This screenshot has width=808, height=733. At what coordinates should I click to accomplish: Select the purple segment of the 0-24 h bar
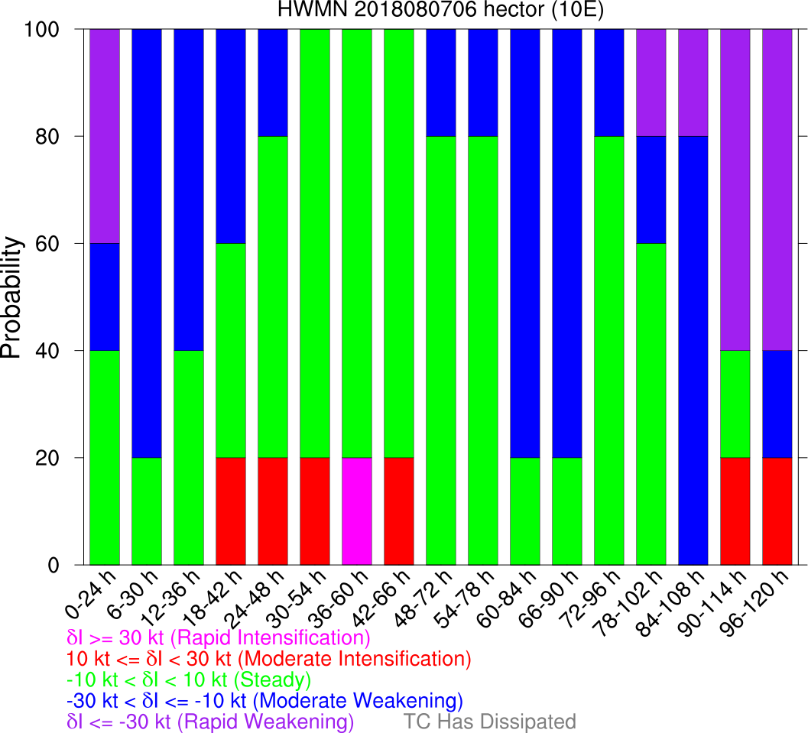click(x=105, y=136)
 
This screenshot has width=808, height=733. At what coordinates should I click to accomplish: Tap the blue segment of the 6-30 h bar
click(x=147, y=243)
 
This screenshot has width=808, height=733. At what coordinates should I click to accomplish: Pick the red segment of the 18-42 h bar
click(x=231, y=511)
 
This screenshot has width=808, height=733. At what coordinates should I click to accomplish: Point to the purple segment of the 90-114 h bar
click(x=734, y=190)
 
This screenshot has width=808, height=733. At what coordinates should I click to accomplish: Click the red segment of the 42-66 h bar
click(x=398, y=511)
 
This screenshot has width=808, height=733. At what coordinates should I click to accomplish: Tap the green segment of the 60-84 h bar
click(x=524, y=511)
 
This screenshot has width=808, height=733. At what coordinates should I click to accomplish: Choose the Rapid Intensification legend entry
click(x=219, y=637)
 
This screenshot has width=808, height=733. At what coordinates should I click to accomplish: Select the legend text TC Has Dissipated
click(x=489, y=722)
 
